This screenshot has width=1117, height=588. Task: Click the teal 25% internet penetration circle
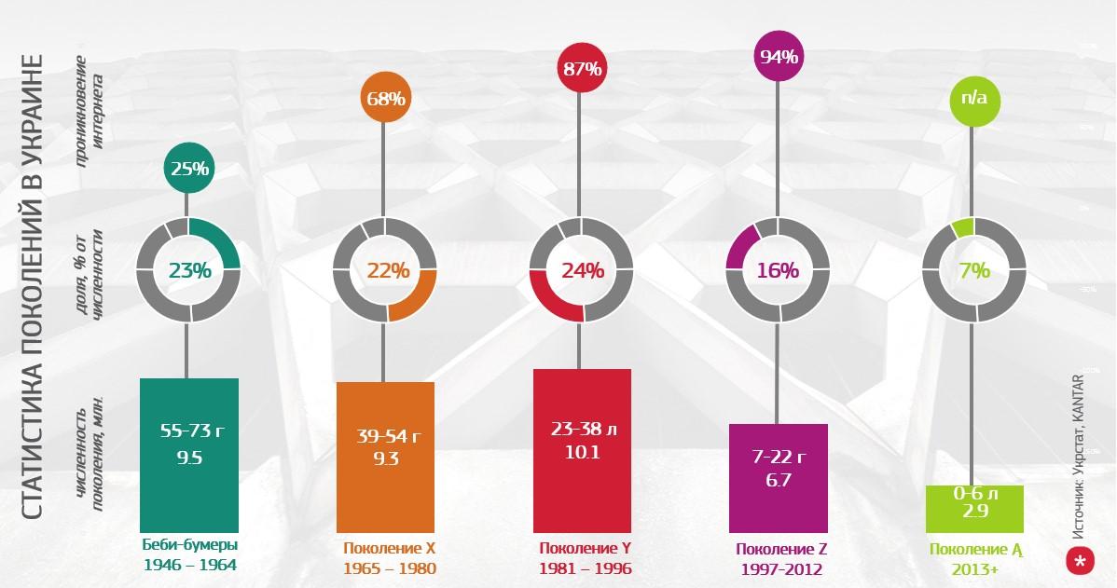click(x=189, y=169)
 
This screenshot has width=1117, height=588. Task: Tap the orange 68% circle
click(x=385, y=99)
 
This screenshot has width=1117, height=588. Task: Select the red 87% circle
click(x=582, y=68)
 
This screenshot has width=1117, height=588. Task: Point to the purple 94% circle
click(x=779, y=56)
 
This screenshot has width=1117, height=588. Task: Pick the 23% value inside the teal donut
click(x=189, y=270)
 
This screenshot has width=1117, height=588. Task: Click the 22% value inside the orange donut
click(x=386, y=270)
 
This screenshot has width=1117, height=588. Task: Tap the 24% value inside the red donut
click(x=582, y=270)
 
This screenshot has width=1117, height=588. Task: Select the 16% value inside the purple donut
click(x=778, y=270)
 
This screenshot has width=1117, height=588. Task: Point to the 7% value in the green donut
click(x=973, y=270)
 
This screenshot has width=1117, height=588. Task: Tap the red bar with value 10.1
click(x=582, y=450)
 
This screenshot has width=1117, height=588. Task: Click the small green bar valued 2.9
click(x=974, y=509)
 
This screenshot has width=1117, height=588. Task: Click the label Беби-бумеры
click(x=189, y=545)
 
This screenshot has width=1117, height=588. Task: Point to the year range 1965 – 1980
click(x=389, y=568)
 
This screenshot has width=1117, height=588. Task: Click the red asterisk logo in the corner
click(x=1080, y=561)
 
